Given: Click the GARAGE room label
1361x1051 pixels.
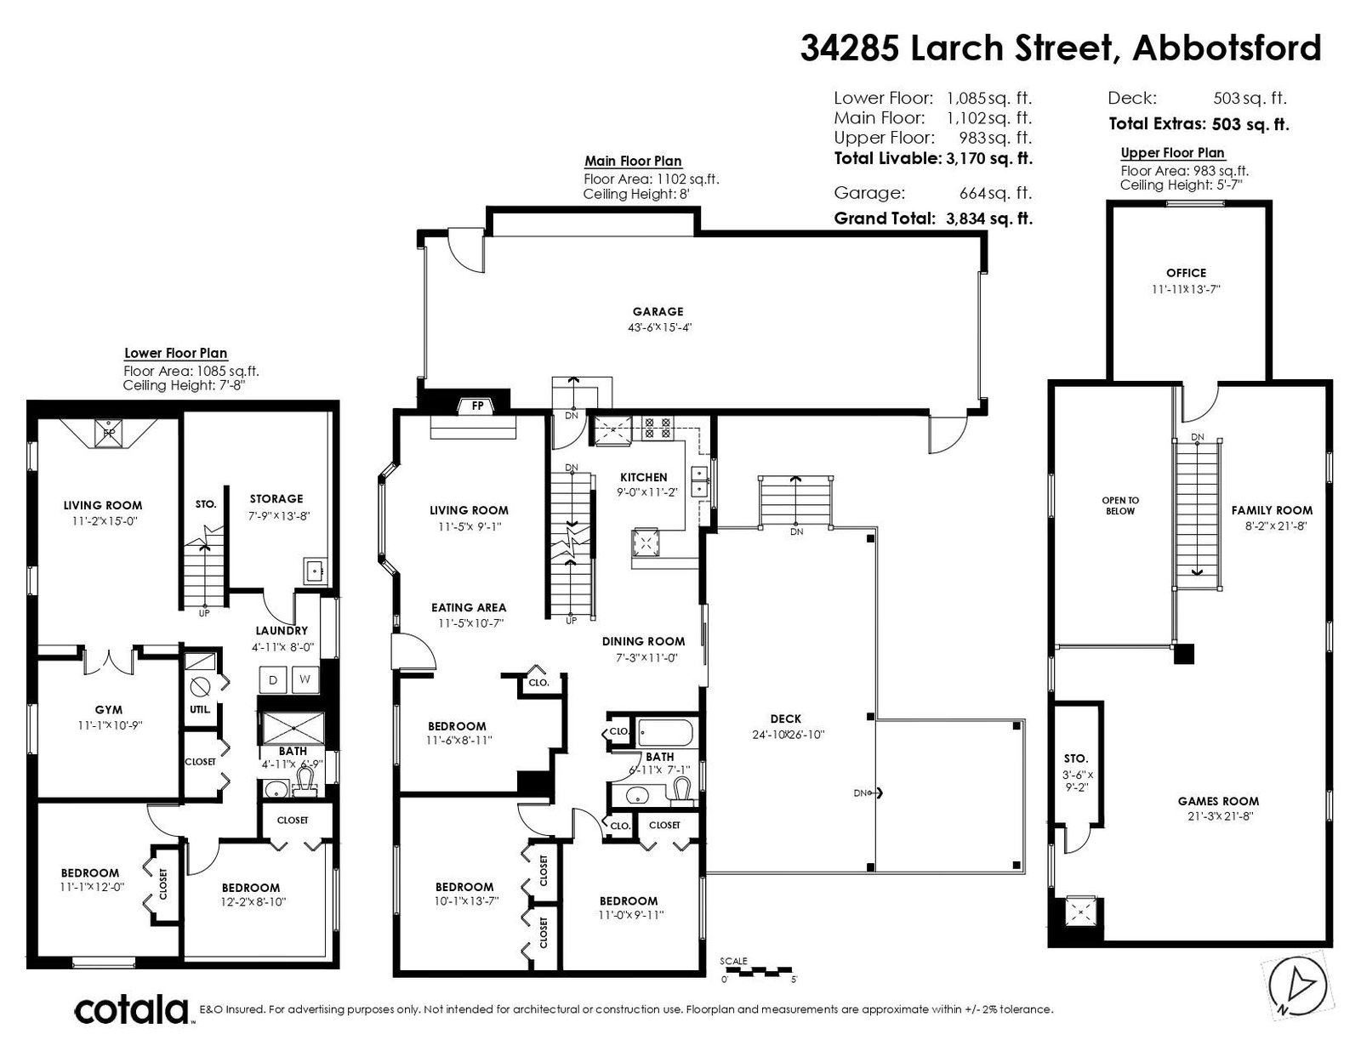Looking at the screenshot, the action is click(658, 312).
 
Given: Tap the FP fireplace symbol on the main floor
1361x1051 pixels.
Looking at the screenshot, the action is click(477, 406).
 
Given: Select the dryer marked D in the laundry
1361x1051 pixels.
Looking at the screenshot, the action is click(273, 679).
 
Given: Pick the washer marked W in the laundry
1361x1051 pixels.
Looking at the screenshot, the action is click(305, 679).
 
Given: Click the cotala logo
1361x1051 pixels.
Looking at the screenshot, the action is click(132, 1009).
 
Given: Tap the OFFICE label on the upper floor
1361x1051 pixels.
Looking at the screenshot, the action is click(1186, 273).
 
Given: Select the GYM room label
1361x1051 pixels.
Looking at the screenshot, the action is click(108, 710).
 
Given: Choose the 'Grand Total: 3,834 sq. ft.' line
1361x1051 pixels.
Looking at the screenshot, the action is click(932, 219).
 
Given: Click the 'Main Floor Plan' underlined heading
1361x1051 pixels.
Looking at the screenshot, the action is click(633, 162).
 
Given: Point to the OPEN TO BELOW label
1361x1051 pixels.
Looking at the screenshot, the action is click(1120, 506).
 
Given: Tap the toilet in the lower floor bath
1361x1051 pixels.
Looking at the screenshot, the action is click(305, 782).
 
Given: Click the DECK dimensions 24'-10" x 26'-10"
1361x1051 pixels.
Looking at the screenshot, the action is click(788, 735).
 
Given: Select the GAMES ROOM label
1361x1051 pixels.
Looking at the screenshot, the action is click(1218, 801).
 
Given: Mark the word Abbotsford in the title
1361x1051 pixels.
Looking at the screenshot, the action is click(1227, 48).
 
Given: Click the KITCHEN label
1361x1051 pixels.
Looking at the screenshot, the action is click(644, 477).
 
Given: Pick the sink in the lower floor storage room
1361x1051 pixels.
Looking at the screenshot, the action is click(314, 571).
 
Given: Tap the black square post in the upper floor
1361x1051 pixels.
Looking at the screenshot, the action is click(1183, 654).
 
